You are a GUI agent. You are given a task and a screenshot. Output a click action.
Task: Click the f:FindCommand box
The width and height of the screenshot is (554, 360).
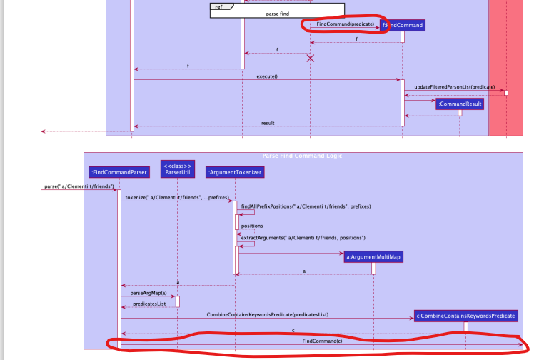click(404, 25)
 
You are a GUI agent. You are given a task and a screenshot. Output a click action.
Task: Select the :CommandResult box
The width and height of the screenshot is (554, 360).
click(460, 104)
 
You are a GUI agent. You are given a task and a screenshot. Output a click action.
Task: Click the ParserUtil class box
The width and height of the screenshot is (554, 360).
click(177, 168)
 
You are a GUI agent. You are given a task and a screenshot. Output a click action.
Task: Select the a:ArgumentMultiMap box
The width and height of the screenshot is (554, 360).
click(372, 256)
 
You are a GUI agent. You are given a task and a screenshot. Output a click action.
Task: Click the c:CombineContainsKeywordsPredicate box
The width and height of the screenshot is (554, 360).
click(465, 315)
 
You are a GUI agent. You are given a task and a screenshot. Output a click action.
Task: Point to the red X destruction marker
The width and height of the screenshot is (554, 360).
click(311, 58)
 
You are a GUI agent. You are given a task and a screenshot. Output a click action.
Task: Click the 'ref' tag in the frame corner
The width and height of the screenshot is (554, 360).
click(218, 6)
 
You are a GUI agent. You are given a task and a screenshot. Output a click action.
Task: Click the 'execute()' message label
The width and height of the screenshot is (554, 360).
click(266, 76)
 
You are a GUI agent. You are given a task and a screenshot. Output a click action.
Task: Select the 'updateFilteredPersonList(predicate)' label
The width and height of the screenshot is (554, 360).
click(454, 86)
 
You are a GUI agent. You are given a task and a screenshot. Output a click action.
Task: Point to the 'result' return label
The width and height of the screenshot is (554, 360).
click(268, 123)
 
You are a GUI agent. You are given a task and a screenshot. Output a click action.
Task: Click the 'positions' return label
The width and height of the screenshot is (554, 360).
click(252, 226)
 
